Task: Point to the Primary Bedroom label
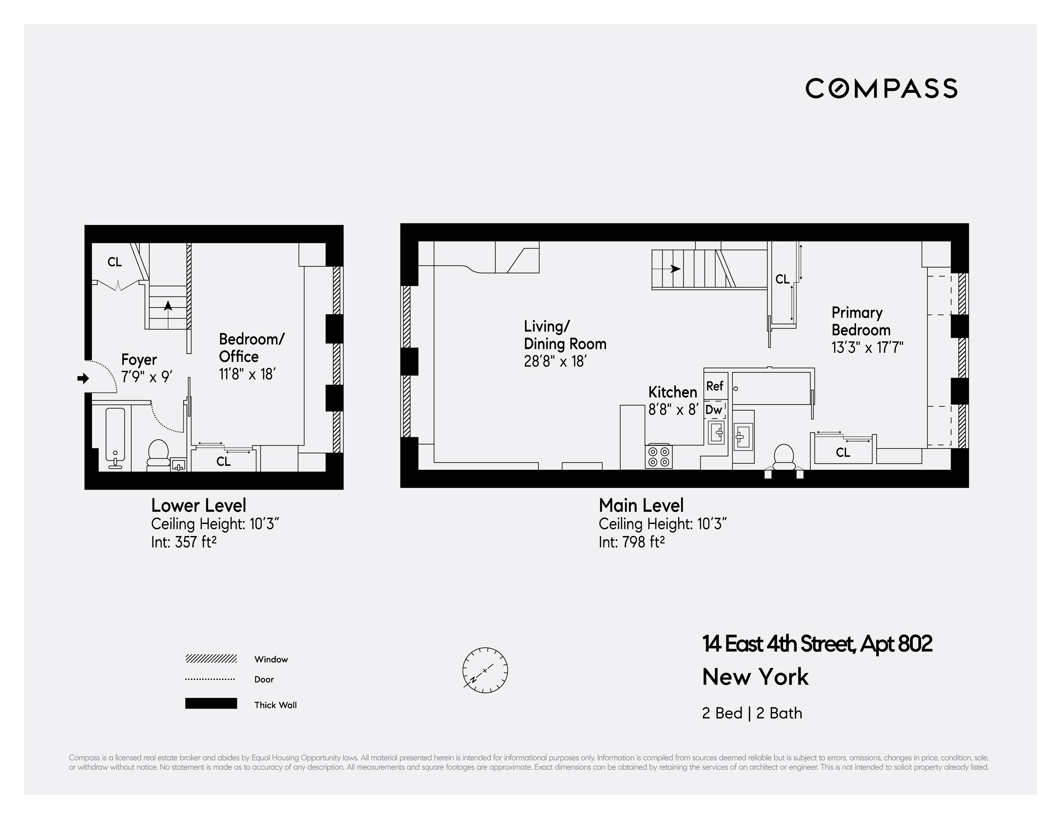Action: pyautogui.click(x=861, y=321)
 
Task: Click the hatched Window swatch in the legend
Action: pyautogui.click(x=211, y=658)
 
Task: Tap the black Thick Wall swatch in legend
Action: pyautogui.click(x=211, y=703)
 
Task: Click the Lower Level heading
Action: pyautogui.click(x=199, y=505)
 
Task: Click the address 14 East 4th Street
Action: pyautogui.click(x=817, y=644)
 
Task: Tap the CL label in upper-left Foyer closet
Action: pyautogui.click(x=115, y=262)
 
